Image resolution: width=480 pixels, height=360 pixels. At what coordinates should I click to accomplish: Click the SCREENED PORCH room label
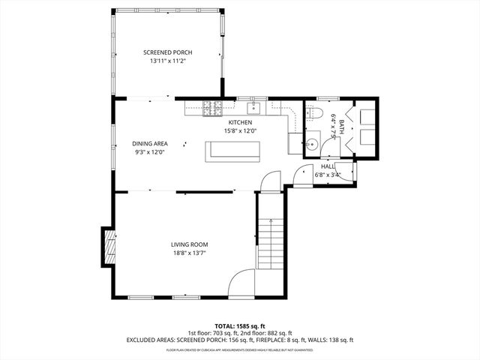(x=168, y=52)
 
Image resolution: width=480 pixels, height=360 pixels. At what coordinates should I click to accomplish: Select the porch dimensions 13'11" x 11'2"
(x=168, y=62)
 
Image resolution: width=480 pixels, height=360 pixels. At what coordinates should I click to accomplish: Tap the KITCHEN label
(x=240, y=122)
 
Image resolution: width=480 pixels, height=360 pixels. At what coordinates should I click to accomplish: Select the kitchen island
(x=234, y=151)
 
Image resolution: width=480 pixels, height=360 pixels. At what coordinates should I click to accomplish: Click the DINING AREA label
(x=150, y=143)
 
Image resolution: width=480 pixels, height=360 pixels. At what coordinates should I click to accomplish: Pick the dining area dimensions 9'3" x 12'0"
(x=150, y=152)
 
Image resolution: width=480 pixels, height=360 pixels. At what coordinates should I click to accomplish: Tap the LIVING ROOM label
(x=189, y=244)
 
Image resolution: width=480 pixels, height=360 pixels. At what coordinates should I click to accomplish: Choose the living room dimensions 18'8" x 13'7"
(x=189, y=253)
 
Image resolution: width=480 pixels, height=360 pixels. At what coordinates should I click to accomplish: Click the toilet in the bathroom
(x=314, y=114)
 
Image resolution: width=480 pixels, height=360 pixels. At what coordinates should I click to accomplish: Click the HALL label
(x=328, y=166)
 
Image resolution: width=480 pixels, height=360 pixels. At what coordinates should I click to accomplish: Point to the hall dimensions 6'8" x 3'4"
(x=328, y=175)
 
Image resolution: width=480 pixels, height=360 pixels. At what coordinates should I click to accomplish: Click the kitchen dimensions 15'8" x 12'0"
(x=240, y=131)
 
